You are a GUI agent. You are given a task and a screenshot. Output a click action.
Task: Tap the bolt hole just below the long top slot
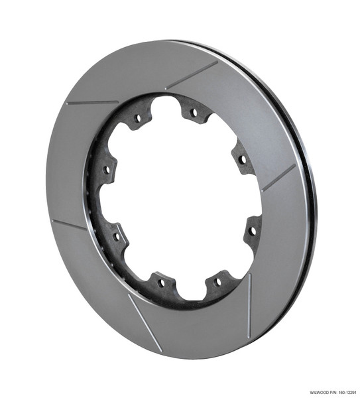point(193,113)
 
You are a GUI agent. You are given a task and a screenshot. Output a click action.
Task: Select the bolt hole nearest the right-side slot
point(241,159)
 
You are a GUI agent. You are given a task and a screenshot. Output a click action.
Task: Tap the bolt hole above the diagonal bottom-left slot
point(160,284)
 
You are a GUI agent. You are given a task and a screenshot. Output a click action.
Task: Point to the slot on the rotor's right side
point(278,178)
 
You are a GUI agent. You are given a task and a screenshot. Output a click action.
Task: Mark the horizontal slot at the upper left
point(92,103)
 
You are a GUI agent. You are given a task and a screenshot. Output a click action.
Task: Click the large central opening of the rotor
point(179,199)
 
